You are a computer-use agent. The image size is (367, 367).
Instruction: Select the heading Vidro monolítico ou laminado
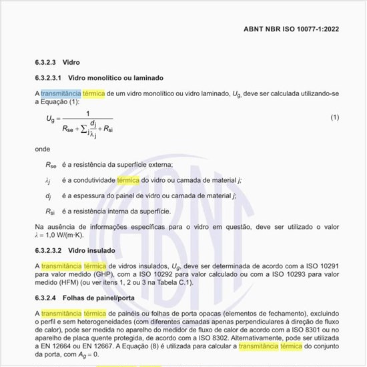point(116,78)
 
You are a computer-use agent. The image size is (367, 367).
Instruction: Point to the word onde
point(43,150)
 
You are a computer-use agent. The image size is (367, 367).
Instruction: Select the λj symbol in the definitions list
point(48,181)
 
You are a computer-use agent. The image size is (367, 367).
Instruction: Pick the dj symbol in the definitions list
point(48,196)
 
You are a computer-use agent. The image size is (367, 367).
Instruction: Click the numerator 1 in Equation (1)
point(89,113)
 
